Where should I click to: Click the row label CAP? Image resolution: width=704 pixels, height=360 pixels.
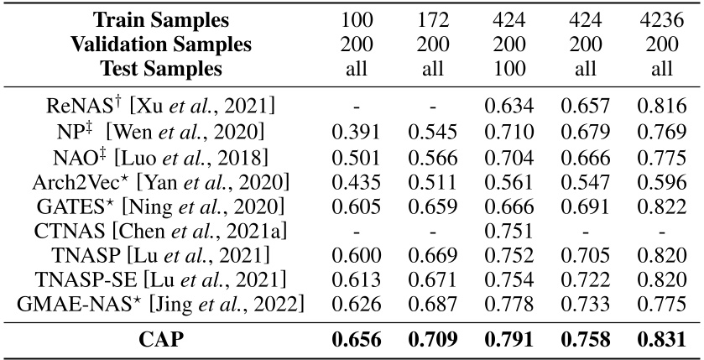161,341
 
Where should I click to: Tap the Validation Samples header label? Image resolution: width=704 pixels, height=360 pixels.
160,44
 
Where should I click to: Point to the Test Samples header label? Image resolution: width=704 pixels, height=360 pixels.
160,68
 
